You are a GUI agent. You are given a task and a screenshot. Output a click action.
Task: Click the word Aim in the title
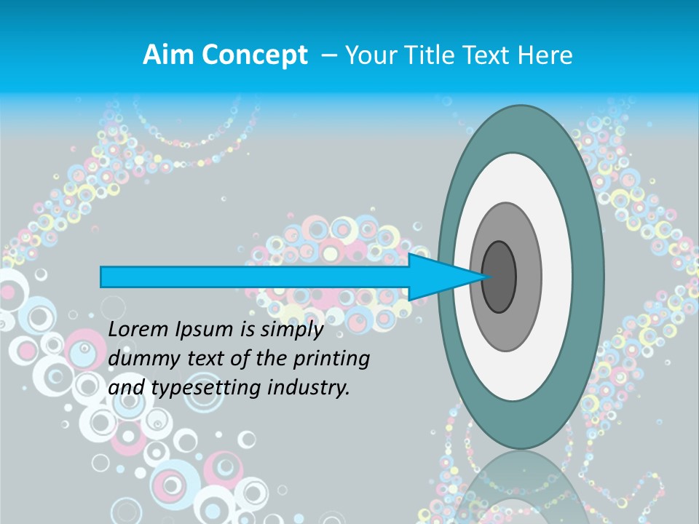click(167, 55)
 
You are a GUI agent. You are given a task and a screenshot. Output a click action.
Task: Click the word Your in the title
click(368, 55)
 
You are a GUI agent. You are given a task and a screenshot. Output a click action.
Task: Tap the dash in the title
click(328, 56)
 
